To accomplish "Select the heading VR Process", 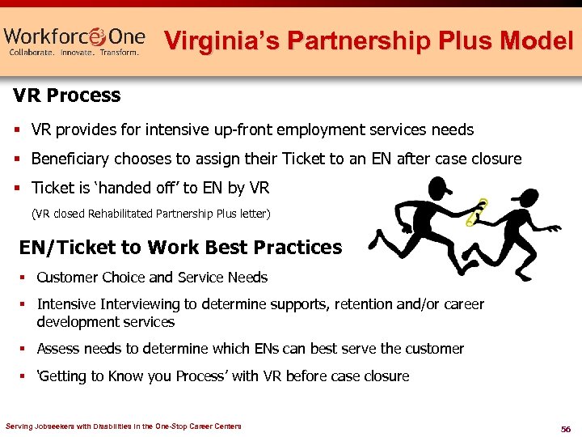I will point(67,95).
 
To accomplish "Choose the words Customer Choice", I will point(91,278).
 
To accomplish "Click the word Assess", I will point(58,349).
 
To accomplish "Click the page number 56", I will point(565,427).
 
